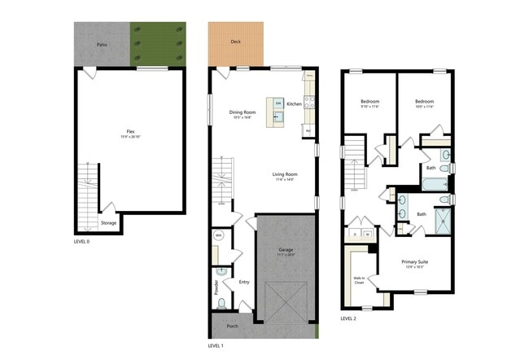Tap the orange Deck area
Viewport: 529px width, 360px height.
pos(235,43)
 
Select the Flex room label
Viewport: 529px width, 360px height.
pos(130,133)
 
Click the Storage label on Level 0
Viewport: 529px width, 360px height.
pos(108,222)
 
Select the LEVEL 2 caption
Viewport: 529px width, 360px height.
pos(348,318)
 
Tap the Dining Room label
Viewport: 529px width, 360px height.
pos(242,113)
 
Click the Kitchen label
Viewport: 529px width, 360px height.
pos(294,104)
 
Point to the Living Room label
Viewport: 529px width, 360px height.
pos(284,174)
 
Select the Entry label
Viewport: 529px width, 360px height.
pos(243,283)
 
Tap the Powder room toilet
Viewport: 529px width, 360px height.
pos(221,304)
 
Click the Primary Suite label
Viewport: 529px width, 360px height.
pos(415,263)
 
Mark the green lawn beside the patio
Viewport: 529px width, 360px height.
pos(157,44)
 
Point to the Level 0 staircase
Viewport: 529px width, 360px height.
pos(85,195)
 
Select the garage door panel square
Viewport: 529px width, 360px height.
pos(286,301)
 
